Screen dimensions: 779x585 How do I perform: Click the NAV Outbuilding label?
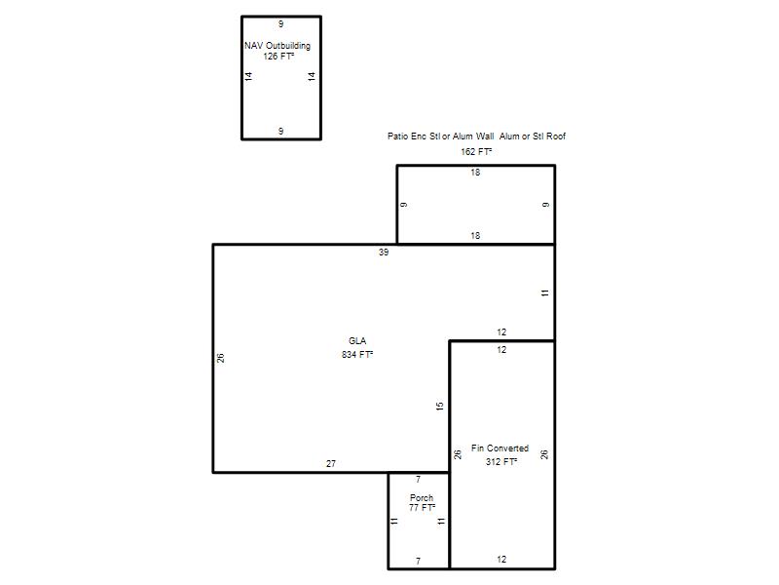pos(278,45)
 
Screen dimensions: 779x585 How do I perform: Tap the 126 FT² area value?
pos(278,57)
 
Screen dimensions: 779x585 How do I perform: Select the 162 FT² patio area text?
pos(476,152)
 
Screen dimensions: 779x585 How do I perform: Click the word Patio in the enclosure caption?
pos(397,136)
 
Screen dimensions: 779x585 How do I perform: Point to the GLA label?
pos(357,340)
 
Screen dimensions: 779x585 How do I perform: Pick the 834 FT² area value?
pos(357,354)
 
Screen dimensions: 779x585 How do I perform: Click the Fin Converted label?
pos(500,448)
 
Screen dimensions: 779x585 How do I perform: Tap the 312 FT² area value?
pos(501,461)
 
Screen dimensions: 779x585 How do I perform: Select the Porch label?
pos(422,497)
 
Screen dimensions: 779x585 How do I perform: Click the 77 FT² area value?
pos(422,507)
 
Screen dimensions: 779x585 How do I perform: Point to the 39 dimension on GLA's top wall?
pos(384,253)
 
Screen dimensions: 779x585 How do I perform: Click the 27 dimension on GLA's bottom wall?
pos(331,464)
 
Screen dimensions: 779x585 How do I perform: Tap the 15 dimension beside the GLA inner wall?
pos(440,406)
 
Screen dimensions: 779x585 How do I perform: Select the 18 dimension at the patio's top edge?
pos(475,173)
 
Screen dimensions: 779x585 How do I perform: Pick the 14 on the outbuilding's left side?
pos(248,76)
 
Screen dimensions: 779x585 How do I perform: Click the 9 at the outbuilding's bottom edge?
pos(280,131)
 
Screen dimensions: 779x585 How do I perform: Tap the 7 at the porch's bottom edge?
pos(419,562)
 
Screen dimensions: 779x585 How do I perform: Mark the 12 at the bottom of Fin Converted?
pos(501,560)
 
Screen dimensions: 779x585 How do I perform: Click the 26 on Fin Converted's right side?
pos(544,454)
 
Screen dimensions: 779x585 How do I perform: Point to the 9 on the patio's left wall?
pos(404,205)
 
